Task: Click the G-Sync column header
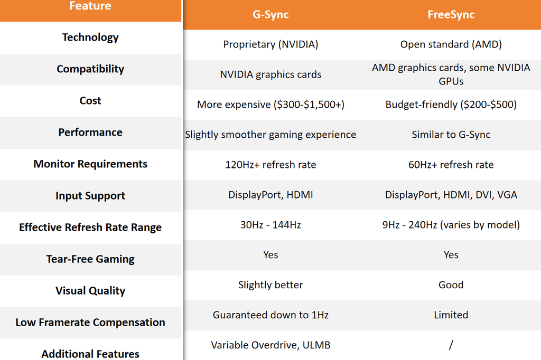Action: pyautogui.click(x=270, y=14)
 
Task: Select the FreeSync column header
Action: pyautogui.click(x=451, y=14)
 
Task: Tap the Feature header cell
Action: pyautogui.click(x=90, y=6)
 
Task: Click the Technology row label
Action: pyautogui.click(x=90, y=37)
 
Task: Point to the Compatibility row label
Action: pyautogui.click(x=90, y=69)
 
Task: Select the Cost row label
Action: pyautogui.click(x=90, y=100)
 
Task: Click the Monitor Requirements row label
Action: pyautogui.click(x=90, y=164)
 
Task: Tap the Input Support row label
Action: pyautogui.click(x=90, y=195)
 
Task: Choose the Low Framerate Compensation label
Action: pyautogui.click(x=90, y=322)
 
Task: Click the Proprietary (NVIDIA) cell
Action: pyautogui.click(x=270, y=44)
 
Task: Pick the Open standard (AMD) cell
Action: pyautogui.click(x=451, y=44)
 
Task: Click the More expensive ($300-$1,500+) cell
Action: pyautogui.click(x=270, y=105)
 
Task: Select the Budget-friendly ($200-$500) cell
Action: pyautogui.click(x=451, y=105)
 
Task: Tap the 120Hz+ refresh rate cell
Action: pyautogui.click(x=270, y=165)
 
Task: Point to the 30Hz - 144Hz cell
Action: pyautogui.click(x=270, y=225)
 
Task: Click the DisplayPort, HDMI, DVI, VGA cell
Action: pyautogui.click(x=451, y=195)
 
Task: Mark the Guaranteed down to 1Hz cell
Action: pyautogui.click(x=270, y=315)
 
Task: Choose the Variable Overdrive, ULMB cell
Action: pyautogui.click(x=270, y=345)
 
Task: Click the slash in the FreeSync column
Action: pyautogui.click(x=451, y=345)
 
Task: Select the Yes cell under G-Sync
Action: pyautogui.click(x=270, y=255)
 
